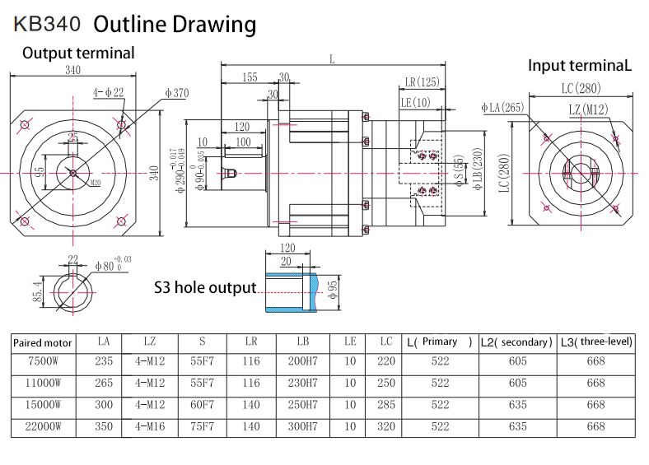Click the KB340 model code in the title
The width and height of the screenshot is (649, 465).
(46, 25)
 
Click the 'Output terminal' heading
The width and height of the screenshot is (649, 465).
(78, 53)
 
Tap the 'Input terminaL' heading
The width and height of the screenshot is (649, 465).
(579, 65)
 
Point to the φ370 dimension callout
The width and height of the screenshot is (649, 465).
(177, 93)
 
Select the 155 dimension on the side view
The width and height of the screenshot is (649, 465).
(250, 77)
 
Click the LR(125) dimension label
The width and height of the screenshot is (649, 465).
(422, 82)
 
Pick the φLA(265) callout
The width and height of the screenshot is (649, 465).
(502, 108)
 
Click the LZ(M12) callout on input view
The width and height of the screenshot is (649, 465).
(588, 109)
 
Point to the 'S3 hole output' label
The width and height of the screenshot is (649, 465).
(205, 287)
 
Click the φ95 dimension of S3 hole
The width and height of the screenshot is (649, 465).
(331, 289)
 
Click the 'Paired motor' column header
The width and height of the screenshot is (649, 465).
(44, 342)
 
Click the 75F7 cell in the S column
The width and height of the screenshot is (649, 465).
(202, 427)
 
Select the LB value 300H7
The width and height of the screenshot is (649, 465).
(302, 427)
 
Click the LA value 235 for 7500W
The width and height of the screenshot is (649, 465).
(104, 361)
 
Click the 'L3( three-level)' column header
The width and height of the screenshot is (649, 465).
(595, 342)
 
